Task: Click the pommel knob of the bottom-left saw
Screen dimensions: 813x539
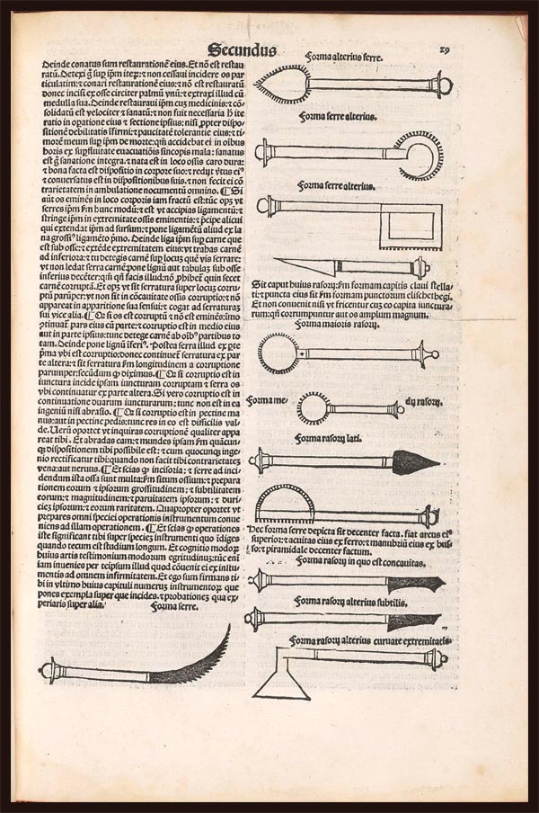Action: (x=48, y=669)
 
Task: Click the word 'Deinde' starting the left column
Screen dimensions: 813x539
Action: (x=55, y=65)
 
